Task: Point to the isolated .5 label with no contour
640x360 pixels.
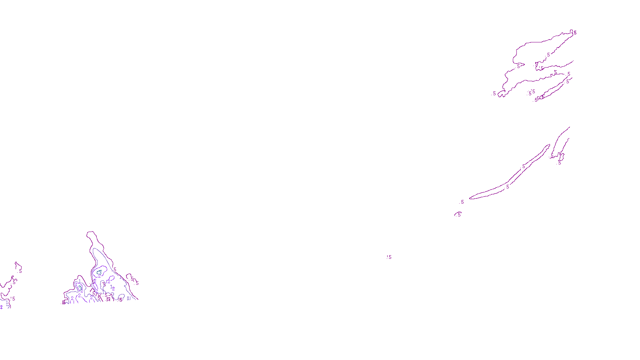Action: (389, 257)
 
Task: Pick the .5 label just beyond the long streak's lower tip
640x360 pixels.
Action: (462, 202)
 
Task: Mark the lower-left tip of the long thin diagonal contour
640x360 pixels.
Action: (470, 198)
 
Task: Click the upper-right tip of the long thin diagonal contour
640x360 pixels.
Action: (549, 146)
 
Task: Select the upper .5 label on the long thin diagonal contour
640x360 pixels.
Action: (524, 166)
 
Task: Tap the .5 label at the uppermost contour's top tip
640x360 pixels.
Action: (575, 33)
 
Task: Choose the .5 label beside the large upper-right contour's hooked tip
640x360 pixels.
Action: (494, 93)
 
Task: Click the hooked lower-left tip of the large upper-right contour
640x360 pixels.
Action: (501, 94)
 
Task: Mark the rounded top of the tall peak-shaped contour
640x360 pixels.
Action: (91, 232)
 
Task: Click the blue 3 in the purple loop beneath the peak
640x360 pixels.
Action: (99, 272)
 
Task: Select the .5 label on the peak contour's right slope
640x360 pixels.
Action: (114, 270)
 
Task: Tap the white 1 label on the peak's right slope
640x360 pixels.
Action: (120, 277)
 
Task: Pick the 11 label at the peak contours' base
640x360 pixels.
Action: (128, 298)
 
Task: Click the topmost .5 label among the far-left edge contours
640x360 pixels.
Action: (20, 271)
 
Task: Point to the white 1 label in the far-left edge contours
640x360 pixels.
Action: (7, 302)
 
